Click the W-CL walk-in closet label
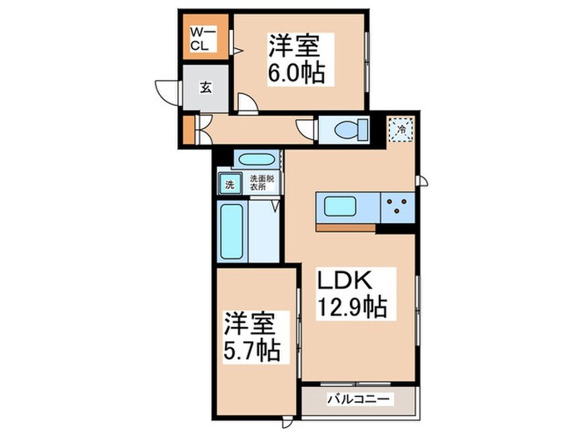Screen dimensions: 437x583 (203, 38)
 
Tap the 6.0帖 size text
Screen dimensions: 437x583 (295, 72)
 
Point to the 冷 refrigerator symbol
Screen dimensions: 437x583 (401, 129)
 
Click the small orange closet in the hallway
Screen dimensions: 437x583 (188, 130)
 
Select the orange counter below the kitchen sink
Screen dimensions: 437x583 (345, 226)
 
